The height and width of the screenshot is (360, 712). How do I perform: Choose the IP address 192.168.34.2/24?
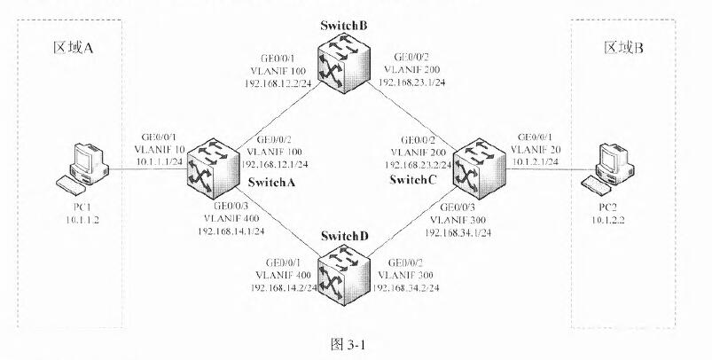pyautogui.click(x=409, y=289)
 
